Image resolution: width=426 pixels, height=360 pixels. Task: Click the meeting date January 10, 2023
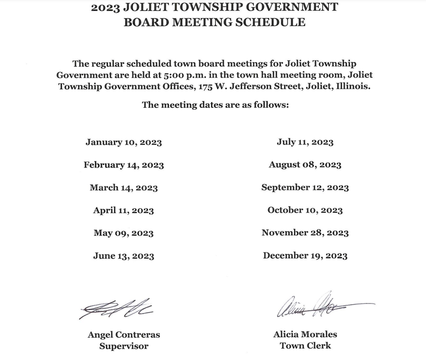[x=123, y=142]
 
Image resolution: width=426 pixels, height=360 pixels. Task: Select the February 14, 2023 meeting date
[x=123, y=165]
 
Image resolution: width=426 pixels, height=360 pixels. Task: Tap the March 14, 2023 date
[x=123, y=188]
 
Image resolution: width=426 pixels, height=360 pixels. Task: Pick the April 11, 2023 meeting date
[x=123, y=211]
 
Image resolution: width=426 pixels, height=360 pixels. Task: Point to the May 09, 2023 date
[x=123, y=233]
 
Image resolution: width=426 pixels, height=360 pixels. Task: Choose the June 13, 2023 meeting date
[x=123, y=256]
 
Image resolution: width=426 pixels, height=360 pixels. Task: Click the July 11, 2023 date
[x=305, y=142]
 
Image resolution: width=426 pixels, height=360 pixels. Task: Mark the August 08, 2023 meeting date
[x=305, y=165]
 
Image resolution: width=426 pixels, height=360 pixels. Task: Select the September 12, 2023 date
[x=305, y=187]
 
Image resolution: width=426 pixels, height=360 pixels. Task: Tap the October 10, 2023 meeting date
[x=305, y=210]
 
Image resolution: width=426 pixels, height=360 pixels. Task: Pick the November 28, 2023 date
[x=305, y=233]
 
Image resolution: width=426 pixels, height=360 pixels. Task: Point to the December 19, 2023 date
[x=305, y=256]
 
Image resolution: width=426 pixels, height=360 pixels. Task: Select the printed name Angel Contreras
[x=124, y=335]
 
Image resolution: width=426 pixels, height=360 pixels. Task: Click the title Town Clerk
[x=305, y=345]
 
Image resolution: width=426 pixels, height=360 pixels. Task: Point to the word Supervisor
[x=124, y=346]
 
